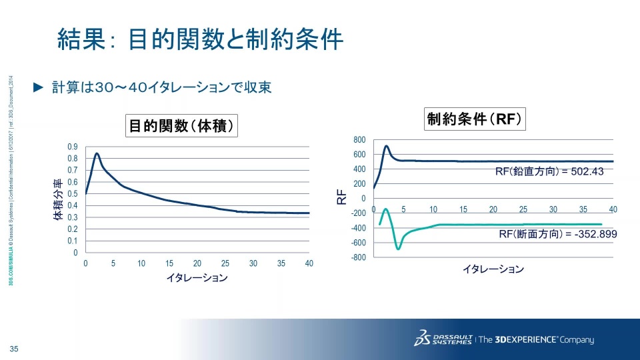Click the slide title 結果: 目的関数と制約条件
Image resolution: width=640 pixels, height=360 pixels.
pos(200,40)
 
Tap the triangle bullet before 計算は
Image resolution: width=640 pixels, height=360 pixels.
pos(38,87)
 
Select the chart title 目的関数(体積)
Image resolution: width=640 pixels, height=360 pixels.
pos(183,125)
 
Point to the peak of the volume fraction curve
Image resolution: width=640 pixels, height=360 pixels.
pos(97,153)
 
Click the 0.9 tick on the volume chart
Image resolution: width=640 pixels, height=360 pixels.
pos(72,147)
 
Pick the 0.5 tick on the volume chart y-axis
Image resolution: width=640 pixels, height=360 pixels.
pos(72,194)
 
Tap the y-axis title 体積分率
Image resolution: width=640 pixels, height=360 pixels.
pos(59,199)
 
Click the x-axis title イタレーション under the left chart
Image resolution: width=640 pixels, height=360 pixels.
pos(197,278)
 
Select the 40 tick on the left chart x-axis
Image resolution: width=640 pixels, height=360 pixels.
pos(309,263)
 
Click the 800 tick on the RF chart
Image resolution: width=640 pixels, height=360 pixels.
pos(359,139)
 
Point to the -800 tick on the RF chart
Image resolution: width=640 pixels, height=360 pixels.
pos(359,257)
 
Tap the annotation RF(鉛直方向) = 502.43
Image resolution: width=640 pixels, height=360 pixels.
pos(549,171)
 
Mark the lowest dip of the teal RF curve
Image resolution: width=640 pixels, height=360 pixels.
pos(399,249)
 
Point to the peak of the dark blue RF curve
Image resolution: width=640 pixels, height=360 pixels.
pos(386,146)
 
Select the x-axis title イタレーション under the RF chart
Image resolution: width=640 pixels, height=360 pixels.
pos(493,269)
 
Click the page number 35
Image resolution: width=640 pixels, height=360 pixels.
pos(13,349)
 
